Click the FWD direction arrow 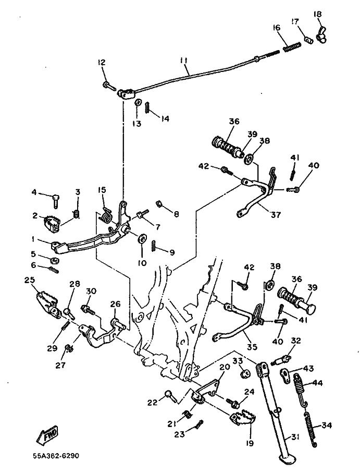pos(46,435)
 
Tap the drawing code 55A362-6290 pos(54,456)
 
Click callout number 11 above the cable pos(183,60)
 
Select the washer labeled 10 pos(141,239)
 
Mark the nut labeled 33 pos(243,374)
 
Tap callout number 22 pos(152,402)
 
